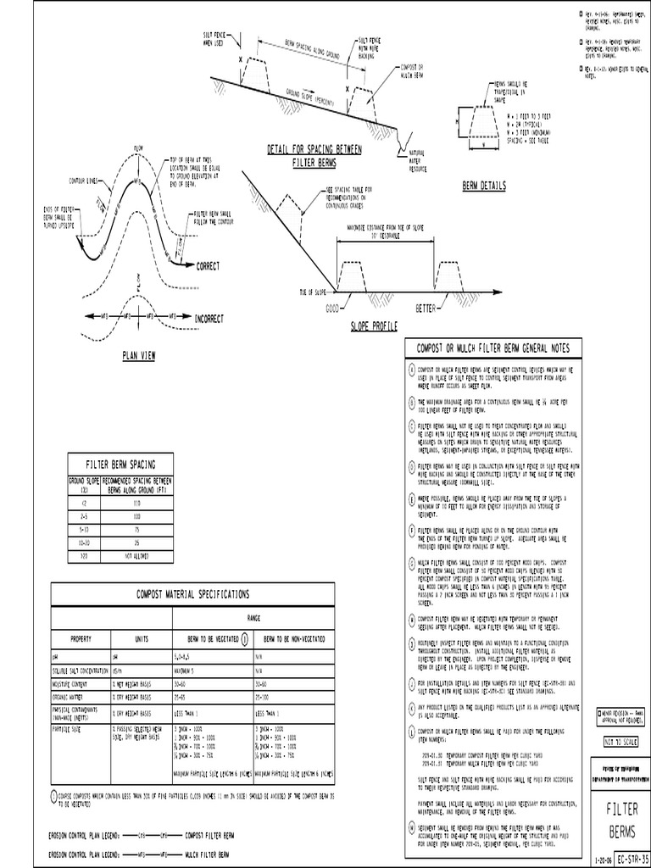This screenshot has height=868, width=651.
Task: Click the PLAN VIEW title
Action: coord(136,356)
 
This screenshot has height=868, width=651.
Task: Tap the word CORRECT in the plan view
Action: coord(208,265)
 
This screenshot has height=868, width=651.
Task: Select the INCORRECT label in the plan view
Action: coord(209,319)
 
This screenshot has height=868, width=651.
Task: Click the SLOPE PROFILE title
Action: coord(374,325)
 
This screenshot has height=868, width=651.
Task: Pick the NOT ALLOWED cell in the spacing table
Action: coord(138,556)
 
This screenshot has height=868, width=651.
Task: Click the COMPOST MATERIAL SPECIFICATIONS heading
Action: coord(194,595)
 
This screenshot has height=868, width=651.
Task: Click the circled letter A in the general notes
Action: coord(411,370)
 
